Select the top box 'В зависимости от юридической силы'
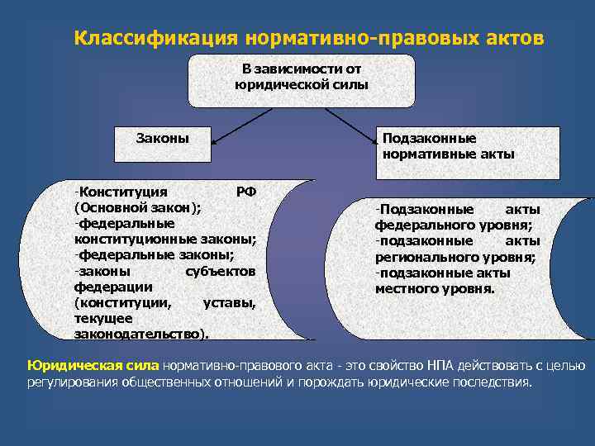(x=302, y=80)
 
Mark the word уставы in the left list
(x=229, y=302)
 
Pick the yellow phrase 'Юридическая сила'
(x=94, y=365)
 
